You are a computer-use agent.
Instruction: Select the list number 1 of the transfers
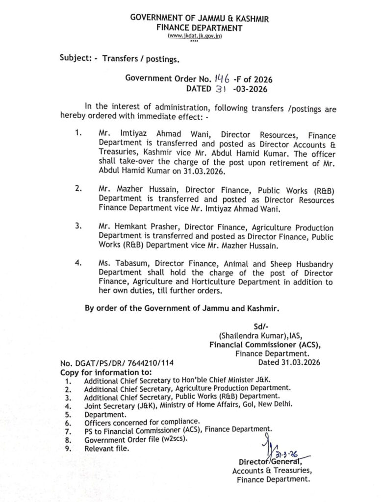[x=78, y=133]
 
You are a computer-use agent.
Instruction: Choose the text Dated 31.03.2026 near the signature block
[x=289, y=363]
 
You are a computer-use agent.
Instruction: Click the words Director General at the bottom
[x=270, y=462]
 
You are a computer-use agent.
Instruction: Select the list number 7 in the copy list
[x=67, y=430]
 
